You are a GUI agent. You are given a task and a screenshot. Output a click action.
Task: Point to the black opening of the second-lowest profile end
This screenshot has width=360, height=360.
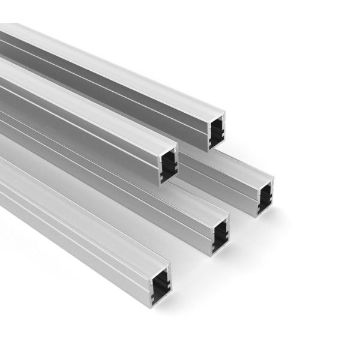(x=221, y=235)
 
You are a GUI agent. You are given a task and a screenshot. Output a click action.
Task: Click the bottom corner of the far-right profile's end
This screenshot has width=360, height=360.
(x=259, y=215)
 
